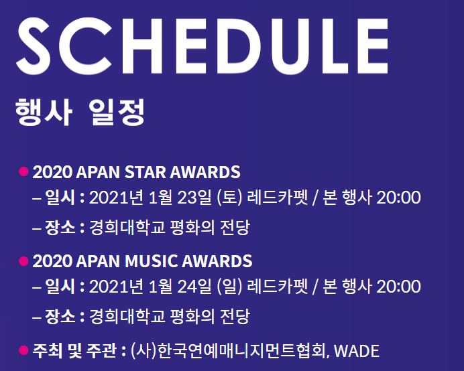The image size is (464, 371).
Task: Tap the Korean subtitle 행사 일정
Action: point(80,111)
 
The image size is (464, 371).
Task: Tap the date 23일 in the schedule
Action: point(199,198)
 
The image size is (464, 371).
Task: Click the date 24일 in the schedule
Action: point(199,287)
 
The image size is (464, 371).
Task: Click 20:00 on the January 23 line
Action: point(398,198)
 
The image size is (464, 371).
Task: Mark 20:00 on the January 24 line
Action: point(398,287)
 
